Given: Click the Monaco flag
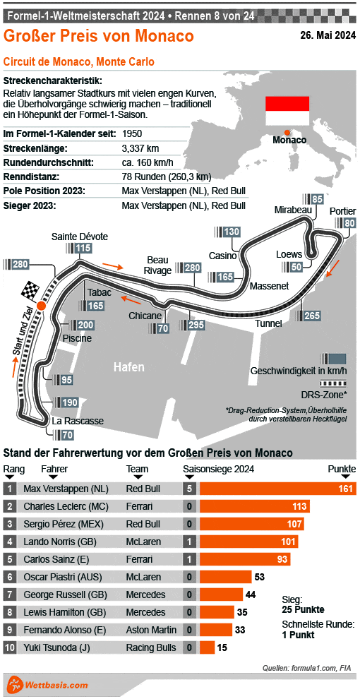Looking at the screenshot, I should point(287,109).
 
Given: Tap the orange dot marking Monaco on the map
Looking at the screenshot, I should point(287,132).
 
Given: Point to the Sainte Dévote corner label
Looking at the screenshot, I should point(80,236).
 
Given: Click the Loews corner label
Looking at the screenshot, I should point(289,254).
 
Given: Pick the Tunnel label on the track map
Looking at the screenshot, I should point(268,323).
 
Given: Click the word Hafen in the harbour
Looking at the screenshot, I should point(129,367).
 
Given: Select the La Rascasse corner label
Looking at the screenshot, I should point(78,421).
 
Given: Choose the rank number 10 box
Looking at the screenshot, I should point(9,647).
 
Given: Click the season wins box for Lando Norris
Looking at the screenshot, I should point(189,541).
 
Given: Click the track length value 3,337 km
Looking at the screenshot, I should point(140,148).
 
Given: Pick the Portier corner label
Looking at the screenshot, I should point(342,210).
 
